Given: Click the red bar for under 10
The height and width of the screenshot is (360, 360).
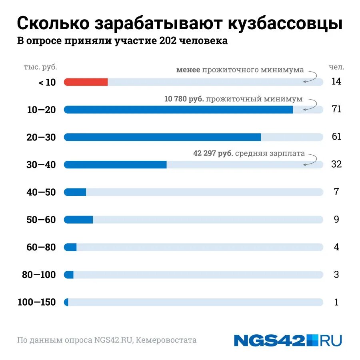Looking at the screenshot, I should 86,82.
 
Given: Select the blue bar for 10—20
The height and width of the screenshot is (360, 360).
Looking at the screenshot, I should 178,110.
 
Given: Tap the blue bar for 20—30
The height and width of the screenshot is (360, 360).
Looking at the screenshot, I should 162,137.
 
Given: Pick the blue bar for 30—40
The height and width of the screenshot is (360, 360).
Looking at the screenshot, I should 115,165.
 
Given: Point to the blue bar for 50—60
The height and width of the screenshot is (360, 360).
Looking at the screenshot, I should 78,220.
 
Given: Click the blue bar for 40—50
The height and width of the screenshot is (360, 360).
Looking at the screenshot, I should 75,192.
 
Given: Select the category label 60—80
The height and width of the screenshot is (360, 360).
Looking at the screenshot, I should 41,247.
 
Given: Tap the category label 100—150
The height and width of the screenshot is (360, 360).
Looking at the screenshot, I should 37,302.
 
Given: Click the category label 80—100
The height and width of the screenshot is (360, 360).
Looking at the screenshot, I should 39,275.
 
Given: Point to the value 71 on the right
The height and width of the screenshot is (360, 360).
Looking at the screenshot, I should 336,109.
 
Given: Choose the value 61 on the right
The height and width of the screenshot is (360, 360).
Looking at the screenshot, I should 336,137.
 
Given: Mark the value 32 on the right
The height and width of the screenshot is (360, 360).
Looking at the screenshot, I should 336,164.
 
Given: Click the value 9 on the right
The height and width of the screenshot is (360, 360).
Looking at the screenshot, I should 336,220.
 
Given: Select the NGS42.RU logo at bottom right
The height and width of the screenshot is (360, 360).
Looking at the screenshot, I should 288,340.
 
